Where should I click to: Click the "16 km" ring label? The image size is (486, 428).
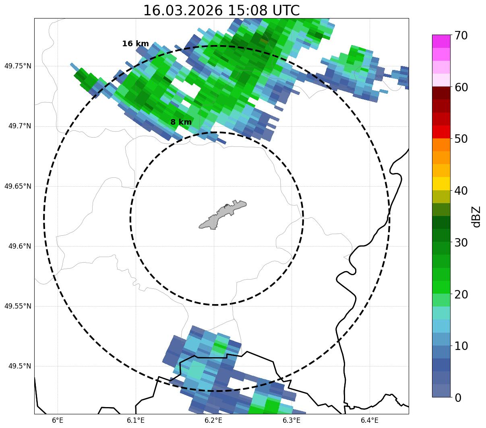coord(135,44)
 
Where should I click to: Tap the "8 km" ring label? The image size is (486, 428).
coord(181,122)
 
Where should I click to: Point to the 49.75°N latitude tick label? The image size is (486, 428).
coord(17,66)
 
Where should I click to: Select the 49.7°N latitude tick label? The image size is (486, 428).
coord(19,126)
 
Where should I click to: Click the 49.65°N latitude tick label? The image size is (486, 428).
coord(17,186)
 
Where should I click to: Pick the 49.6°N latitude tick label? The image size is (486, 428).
coord(19,246)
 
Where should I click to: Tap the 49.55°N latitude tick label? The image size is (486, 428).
coord(17,306)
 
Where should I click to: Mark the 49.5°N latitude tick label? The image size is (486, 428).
coord(19,366)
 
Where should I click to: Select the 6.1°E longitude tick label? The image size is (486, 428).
coord(136,420)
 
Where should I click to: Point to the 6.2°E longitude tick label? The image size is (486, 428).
coord(213,420)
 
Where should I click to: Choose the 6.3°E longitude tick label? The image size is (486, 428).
coord(292,420)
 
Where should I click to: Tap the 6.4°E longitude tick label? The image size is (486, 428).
coord(369,420)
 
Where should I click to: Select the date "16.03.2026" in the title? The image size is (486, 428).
coord(183,10)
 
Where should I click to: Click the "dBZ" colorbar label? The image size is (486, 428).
coord(477,217)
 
